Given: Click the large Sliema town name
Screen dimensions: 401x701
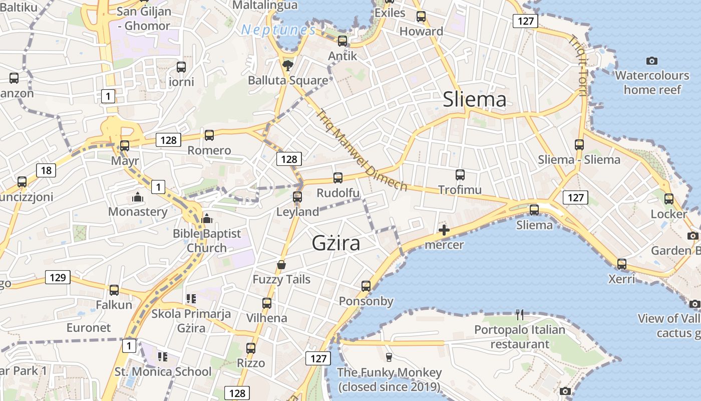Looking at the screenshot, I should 475,100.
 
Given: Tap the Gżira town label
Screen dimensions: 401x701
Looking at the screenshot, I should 336,243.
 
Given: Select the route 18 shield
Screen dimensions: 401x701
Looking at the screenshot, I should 46,170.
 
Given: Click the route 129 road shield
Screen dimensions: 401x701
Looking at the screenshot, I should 58,277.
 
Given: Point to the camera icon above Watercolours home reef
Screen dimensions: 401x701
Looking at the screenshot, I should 651,61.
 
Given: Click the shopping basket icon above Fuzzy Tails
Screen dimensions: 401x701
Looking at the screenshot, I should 281,265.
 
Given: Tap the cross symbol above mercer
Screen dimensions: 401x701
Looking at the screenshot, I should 444,230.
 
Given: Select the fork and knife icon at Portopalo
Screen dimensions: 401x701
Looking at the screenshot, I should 520,315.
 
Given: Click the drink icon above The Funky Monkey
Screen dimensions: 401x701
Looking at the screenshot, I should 389,357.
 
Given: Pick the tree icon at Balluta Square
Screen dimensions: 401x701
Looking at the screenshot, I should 288,65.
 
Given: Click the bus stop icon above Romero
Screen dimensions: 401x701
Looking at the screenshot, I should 209,135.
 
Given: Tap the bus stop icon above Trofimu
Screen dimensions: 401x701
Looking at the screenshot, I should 460,174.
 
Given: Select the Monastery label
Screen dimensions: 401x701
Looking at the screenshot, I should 138,212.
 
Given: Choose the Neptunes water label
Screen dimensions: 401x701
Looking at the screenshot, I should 278,30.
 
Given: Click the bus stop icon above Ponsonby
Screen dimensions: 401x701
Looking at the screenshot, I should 366,286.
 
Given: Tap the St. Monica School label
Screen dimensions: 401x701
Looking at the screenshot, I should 163,372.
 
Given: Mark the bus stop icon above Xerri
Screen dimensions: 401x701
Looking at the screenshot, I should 621,264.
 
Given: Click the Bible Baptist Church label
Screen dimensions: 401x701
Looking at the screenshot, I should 207,241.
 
